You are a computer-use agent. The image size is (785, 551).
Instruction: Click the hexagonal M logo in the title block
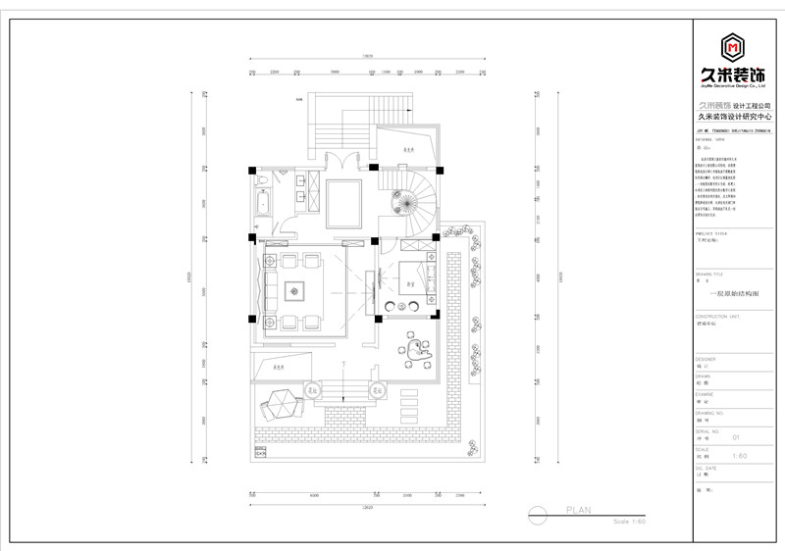click(730, 46)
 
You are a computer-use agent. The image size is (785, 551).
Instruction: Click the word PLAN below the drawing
click(579, 510)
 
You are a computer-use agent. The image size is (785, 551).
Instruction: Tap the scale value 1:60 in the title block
click(739, 456)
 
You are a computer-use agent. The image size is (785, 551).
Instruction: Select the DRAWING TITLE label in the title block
click(709, 274)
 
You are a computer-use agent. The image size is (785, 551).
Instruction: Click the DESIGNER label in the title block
click(706, 359)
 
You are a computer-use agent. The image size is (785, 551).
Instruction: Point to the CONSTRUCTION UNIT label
click(717, 317)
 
